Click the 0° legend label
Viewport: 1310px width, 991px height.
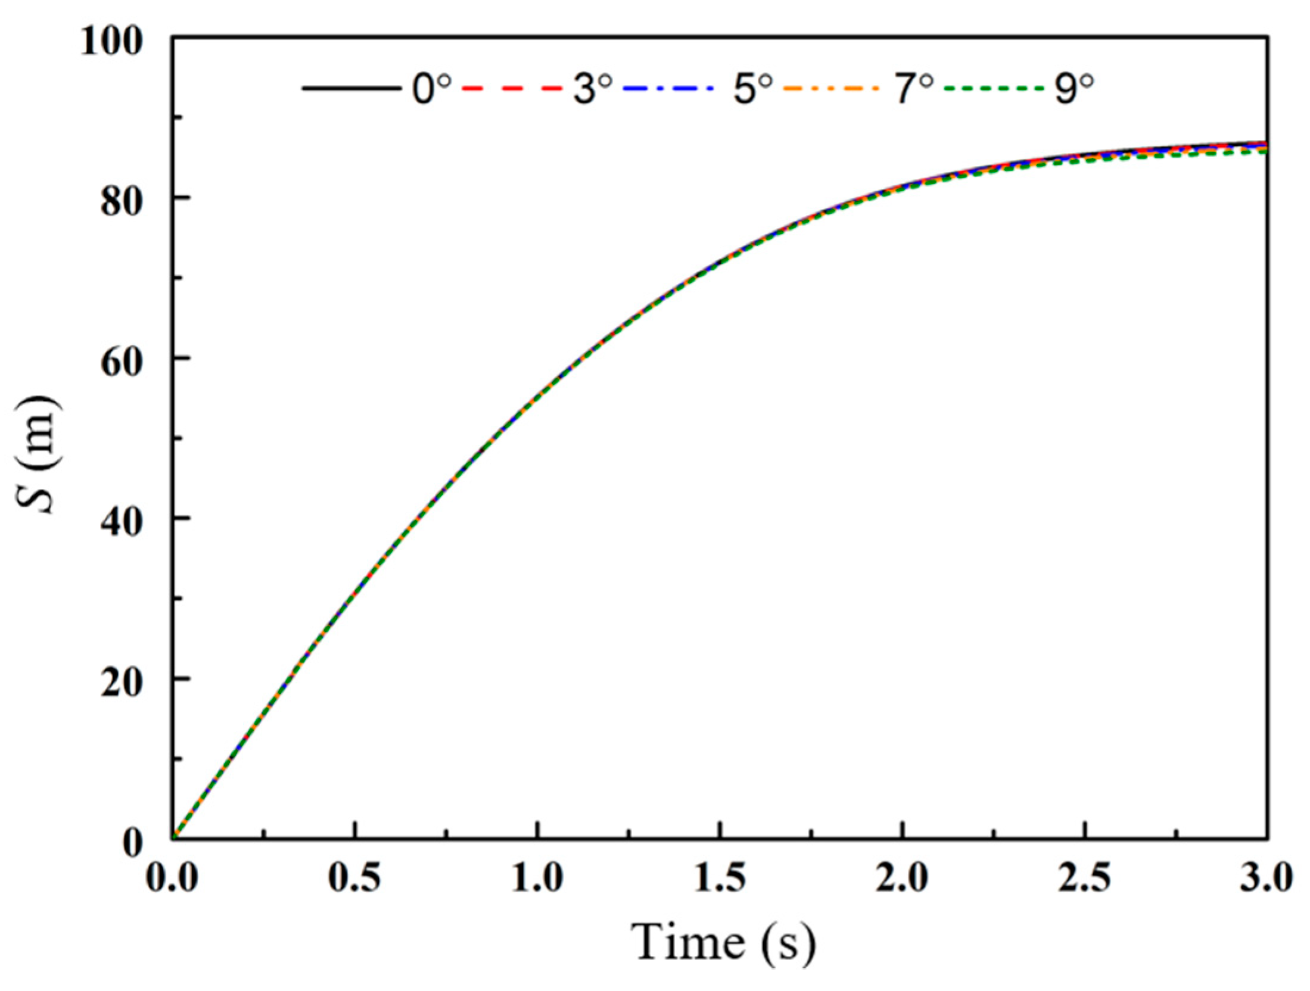pyautogui.click(x=432, y=89)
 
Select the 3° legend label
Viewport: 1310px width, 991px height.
pyautogui.click(x=593, y=89)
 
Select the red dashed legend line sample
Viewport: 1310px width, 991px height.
pyautogui.click(x=512, y=89)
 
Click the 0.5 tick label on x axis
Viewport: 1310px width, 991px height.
pyautogui.click(x=355, y=879)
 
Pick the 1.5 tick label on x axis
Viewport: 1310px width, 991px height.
pyautogui.click(x=720, y=879)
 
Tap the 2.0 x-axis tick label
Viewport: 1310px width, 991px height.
pyautogui.click(x=903, y=879)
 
